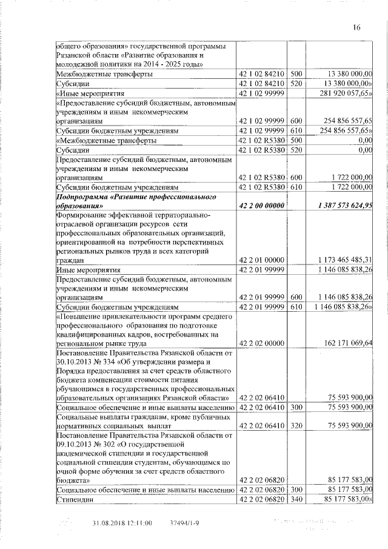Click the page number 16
[x=356, y=27]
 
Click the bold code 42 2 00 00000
[x=262, y=206]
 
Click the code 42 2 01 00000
[x=262, y=260]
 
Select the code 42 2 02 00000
[x=262, y=343]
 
